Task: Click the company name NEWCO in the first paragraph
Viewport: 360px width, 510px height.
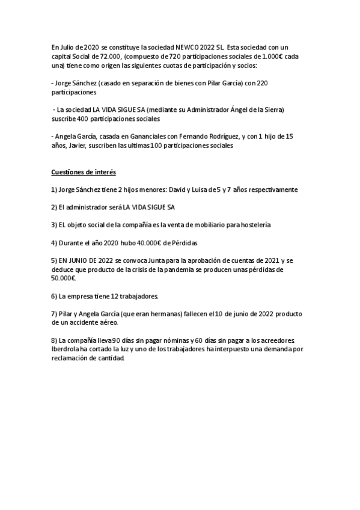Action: point(187,47)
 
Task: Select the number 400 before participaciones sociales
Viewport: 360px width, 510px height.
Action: point(86,119)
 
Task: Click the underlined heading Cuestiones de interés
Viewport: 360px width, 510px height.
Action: point(83,173)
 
